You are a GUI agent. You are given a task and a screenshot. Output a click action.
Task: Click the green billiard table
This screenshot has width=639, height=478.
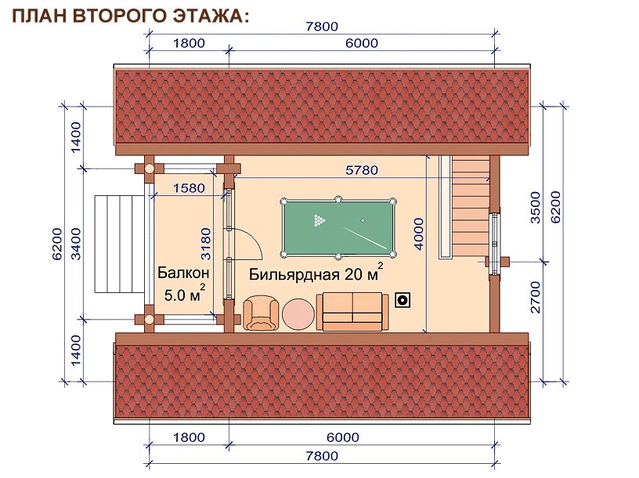click(x=338, y=228)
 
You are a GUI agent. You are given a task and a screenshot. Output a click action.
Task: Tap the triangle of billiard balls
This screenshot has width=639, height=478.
click(x=319, y=220)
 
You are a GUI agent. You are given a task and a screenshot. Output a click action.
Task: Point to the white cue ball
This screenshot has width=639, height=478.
click(x=363, y=221)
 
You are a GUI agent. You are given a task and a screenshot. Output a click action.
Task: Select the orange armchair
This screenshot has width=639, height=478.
click(x=262, y=313)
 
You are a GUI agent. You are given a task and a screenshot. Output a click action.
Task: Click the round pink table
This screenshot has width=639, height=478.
click(x=298, y=314)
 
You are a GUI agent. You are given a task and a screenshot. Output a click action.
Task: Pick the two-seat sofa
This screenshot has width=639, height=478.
click(x=352, y=312)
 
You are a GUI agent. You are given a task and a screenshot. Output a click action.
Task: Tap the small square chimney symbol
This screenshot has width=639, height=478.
click(x=403, y=301)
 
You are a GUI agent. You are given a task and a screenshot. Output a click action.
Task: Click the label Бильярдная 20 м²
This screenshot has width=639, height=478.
click(x=316, y=273)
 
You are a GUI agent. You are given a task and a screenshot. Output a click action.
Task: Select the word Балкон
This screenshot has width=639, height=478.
click(x=183, y=273)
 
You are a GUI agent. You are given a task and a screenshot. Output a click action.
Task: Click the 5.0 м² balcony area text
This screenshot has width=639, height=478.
click(x=185, y=293)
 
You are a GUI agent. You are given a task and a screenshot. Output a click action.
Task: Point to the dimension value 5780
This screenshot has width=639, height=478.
click(x=362, y=170)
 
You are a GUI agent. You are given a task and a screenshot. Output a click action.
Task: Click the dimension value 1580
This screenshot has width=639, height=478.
click(x=189, y=188)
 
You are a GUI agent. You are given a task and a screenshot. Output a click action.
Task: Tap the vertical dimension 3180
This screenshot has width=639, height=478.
click(x=206, y=244)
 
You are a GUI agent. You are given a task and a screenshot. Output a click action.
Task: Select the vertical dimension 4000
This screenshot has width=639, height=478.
click(x=418, y=234)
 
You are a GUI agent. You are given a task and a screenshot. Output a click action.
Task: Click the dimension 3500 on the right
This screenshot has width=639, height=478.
click(x=536, y=208)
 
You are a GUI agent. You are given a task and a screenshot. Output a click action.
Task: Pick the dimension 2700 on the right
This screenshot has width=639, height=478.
click(x=536, y=297)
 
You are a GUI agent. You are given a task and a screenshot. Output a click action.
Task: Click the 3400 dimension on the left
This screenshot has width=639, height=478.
click(x=76, y=244)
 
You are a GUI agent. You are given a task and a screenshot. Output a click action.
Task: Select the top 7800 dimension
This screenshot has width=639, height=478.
click(x=322, y=27)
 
